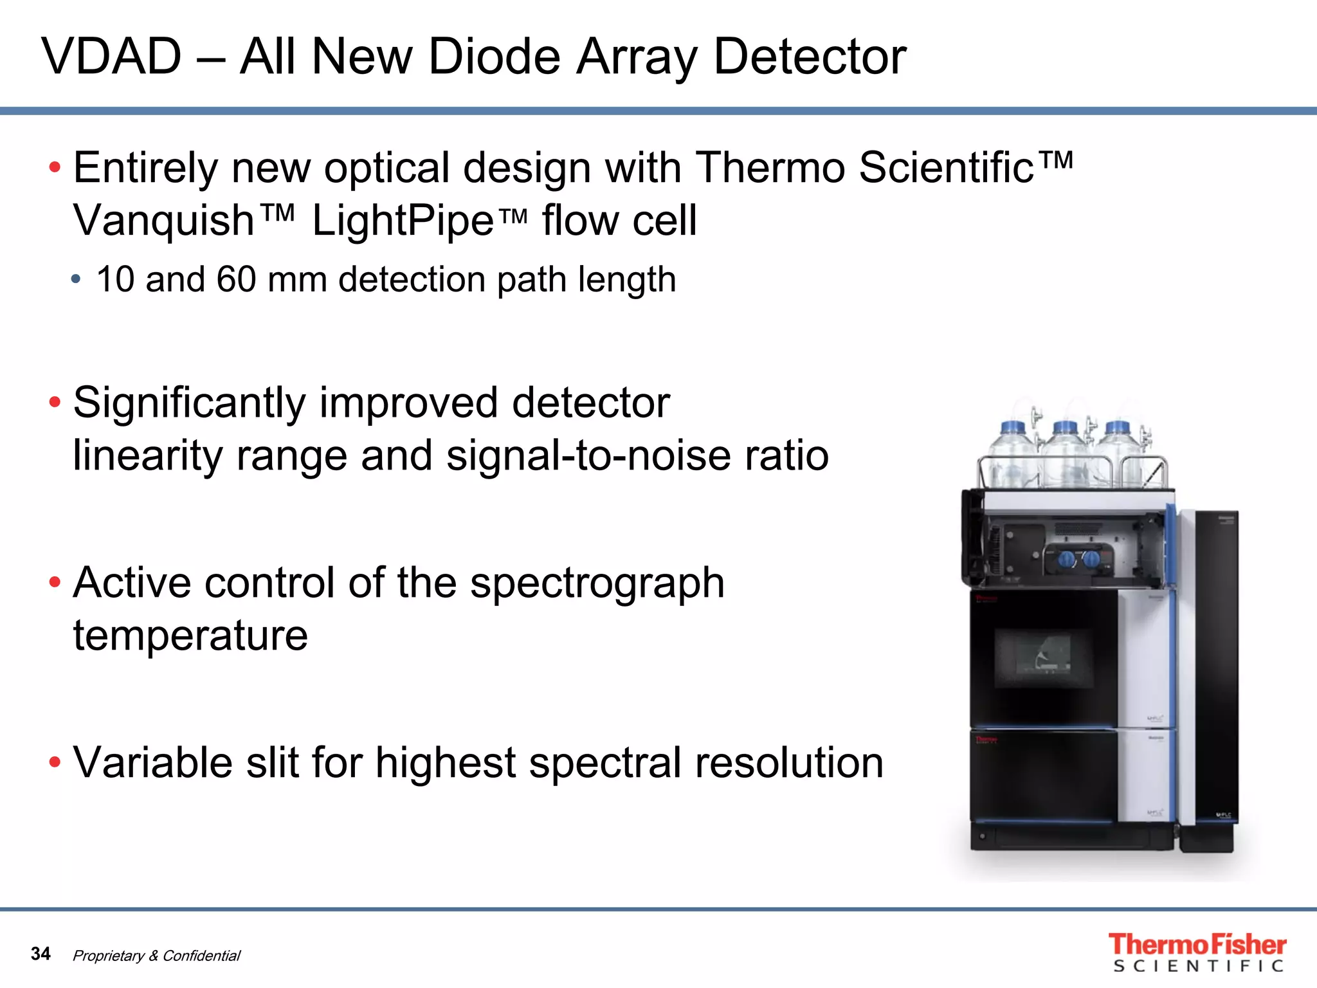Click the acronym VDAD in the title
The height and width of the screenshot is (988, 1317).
pos(112,57)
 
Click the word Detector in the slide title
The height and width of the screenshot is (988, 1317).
pos(810,57)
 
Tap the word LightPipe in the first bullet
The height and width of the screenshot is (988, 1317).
pos(403,221)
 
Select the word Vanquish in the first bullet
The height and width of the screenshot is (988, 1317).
pos(164,221)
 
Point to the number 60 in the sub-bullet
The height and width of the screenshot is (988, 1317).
pos(236,280)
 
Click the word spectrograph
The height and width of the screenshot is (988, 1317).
pos(597,583)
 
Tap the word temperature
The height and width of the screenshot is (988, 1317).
pos(190,636)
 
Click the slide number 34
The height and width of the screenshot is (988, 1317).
pos(41,953)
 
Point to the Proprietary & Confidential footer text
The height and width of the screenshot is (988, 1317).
pos(156,956)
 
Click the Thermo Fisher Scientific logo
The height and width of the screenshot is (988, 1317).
pos(1197,953)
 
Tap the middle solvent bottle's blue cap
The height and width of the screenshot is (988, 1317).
pos(1065,427)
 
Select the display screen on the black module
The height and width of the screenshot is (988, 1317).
pos(1043,657)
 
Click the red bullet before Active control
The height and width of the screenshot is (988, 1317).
pos(55,583)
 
